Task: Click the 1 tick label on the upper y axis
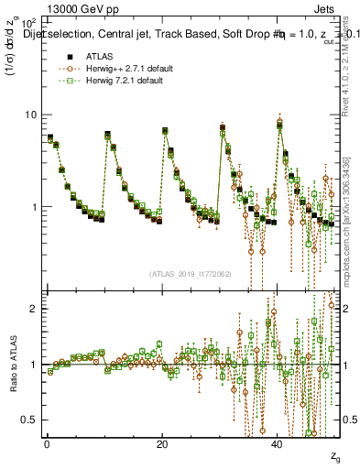34,207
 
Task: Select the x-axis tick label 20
162,444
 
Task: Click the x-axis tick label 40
278,444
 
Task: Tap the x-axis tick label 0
47,444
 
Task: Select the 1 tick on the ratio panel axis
35,365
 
